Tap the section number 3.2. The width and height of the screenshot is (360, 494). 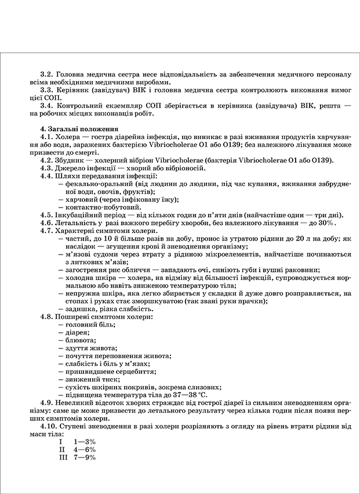47,75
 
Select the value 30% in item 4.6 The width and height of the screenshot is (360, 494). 326,223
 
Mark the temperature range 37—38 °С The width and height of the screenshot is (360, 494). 175,394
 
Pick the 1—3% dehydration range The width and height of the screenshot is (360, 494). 85,442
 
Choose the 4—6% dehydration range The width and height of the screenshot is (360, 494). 85,449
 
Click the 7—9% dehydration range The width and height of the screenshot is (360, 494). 85,457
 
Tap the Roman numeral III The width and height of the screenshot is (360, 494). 64,457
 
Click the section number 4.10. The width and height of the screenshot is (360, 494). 49,426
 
